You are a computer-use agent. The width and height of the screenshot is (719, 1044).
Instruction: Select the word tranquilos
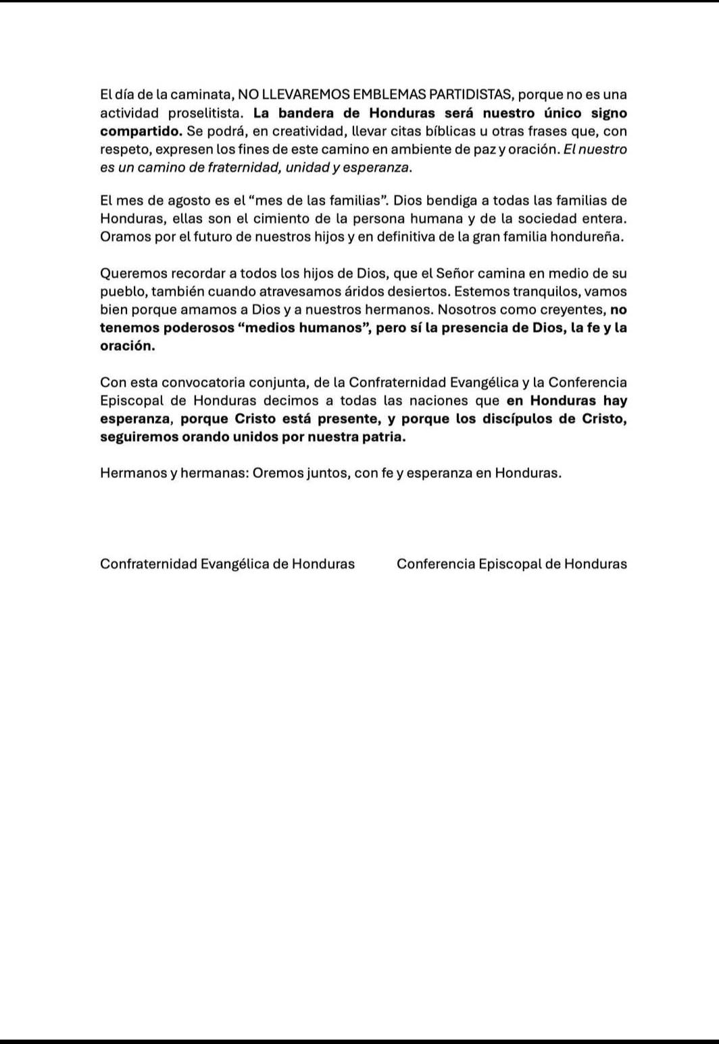pyautogui.click(x=537, y=292)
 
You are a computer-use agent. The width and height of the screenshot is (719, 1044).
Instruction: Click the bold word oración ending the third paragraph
pyautogui.click(x=127, y=346)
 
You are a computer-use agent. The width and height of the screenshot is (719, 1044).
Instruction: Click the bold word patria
pyautogui.click(x=385, y=437)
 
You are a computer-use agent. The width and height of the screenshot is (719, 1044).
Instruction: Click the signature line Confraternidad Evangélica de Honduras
pyautogui.click(x=227, y=564)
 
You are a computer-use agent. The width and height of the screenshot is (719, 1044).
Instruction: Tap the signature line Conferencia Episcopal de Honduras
pyautogui.click(x=512, y=564)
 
